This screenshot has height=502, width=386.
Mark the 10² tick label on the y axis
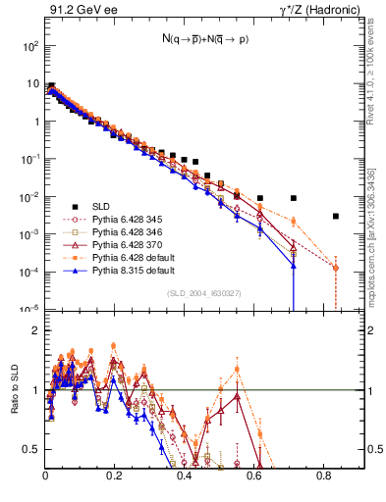click(31, 46)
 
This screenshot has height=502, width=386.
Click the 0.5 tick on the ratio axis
click(32, 449)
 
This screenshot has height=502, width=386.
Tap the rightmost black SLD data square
click(336, 216)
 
